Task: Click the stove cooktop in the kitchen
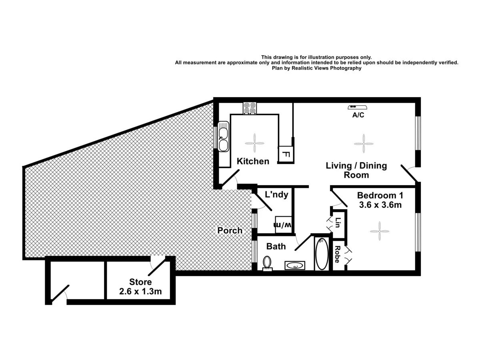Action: click(250, 108)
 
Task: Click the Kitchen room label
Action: click(253, 161)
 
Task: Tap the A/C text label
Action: click(358, 115)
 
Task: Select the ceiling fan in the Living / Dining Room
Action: click(363, 143)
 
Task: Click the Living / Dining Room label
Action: click(356, 170)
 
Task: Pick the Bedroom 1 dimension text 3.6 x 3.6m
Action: click(380, 205)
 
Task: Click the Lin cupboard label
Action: click(338, 222)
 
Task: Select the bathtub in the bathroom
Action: click(322, 254)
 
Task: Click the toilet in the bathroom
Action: click(267, 263)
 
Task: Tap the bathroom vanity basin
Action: click(295, 265)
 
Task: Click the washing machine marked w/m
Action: click(283, 224)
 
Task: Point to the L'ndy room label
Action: click(276, 195)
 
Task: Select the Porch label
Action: click(230, 230)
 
